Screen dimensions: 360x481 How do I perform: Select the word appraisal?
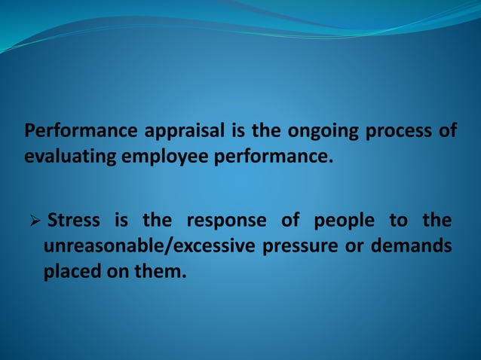coord(183,132)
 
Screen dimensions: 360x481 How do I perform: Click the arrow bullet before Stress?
coord(33,221)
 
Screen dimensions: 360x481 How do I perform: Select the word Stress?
coord(73,221)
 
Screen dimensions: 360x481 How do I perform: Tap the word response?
coord(226,221)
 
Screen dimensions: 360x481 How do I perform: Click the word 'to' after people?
coord(398,221)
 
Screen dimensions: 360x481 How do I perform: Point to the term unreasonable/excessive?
coord(149,246)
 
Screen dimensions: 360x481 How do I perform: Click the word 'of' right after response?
coord(290,221)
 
